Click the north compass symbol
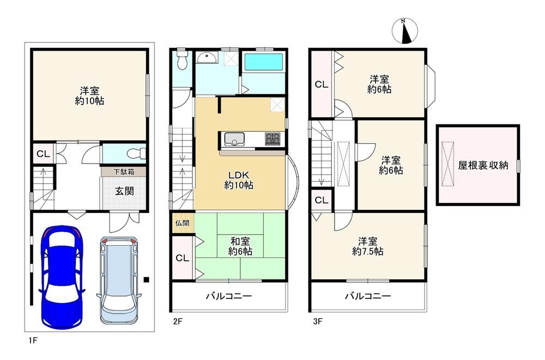404,30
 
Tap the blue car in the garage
61,277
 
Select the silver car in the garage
119,280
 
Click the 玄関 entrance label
124,191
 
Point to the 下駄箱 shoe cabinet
124,172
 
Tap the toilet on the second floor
181,60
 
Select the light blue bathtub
264,63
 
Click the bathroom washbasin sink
207,57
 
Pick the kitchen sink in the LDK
234,139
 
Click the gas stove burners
273,139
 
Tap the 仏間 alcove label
182,223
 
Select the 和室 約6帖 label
240,246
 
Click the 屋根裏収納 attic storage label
483,165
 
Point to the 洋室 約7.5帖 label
368,246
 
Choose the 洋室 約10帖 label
90,95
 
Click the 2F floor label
178,321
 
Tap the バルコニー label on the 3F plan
368,296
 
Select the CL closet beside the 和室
183,258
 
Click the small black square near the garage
146,279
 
